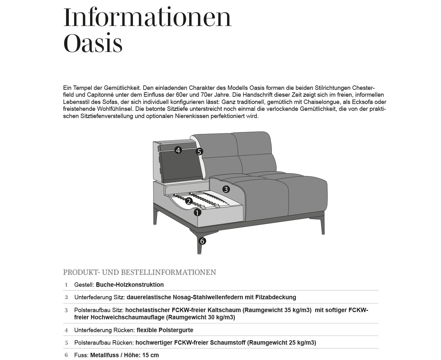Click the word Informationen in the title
[x=147, y=18]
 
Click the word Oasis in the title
[x=93, y=44]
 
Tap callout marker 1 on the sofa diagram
[x=197, y=213]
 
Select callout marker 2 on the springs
[x=189, y=201]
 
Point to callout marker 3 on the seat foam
[x=226, y=189]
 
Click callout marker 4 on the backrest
[x=178, y=150]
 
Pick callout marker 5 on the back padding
[x=199, y=152]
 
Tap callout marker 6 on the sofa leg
[x=202, y=241]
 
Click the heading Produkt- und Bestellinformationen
[x=139, y=272]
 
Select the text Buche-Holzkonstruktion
[x=130, y=285]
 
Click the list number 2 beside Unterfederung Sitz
[x=66, y=297]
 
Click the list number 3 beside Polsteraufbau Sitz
[x=66, y=311]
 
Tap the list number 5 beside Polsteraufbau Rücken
[x=66, y=343]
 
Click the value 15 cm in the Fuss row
[x=151, y=355]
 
